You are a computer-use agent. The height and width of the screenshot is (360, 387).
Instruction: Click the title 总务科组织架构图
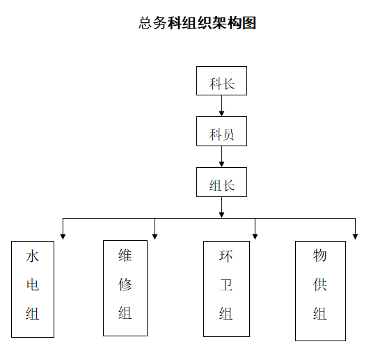click(x=197, y=23)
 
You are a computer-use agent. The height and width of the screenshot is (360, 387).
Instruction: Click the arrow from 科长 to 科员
click(x=221, y=106)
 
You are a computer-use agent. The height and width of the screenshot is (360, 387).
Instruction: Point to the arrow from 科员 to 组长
click(x=221, y=157)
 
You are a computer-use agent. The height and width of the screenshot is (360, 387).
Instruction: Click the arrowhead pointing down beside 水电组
click(x=63, y=236)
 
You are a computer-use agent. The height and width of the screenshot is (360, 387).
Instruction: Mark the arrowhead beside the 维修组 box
click(x=155, y=236)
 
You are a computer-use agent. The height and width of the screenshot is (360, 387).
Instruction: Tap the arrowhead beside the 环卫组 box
click(x=255, y=236)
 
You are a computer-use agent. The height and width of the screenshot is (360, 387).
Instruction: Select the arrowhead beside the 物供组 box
click(x=355, y=236)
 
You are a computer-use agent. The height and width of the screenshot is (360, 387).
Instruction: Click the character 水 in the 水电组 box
click(x=32, y=256)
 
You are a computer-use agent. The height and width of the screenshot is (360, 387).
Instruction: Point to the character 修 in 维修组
click(x=125, y=284)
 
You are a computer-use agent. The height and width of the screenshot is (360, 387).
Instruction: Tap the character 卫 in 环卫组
click(x=226, y=285)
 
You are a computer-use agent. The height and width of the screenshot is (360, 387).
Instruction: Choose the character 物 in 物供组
click(x=320, y=255)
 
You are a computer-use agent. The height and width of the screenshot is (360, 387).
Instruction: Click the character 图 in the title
click(x=249, y=23)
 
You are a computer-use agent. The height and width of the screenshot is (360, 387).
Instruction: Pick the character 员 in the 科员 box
click(x=228, y=134)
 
